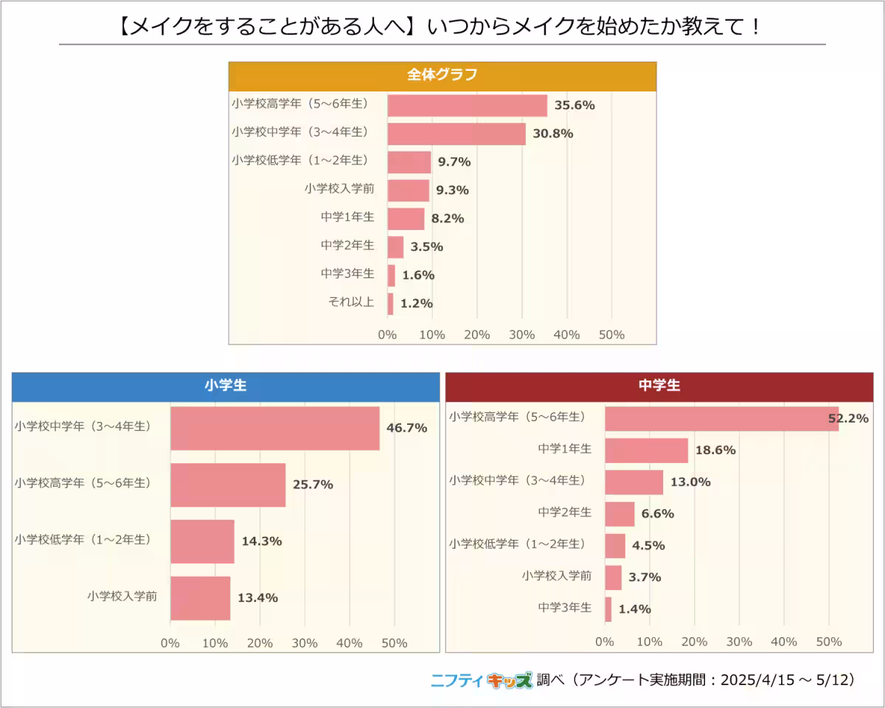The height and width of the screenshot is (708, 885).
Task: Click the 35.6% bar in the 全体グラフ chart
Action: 467,105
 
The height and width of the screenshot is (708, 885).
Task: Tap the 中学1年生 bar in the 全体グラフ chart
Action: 406,218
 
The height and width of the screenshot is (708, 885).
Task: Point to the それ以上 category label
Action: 350,302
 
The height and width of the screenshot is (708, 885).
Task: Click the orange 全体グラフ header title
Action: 442,74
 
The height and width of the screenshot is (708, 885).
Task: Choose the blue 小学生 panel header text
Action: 225,385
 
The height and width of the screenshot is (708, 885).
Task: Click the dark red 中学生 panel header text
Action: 659,385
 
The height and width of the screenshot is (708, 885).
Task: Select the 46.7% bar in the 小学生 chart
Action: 274,428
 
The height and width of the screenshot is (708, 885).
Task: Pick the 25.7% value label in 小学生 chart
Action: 313,485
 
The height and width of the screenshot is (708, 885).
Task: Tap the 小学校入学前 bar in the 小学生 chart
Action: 200,597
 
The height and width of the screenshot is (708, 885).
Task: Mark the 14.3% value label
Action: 262,541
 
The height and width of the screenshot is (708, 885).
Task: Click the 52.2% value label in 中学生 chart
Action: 847,418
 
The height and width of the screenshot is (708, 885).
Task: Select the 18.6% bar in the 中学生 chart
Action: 646,450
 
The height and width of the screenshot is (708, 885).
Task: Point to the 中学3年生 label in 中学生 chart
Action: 564,608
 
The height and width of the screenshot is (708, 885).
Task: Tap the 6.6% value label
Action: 658,513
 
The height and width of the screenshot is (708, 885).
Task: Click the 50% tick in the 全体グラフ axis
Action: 611,335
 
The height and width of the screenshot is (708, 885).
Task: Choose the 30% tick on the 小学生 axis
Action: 305,643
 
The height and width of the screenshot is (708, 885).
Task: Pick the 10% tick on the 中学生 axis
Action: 649,642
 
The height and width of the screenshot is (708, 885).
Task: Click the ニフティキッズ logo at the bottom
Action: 481,680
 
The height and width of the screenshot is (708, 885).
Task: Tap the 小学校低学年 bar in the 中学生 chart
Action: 614,546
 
